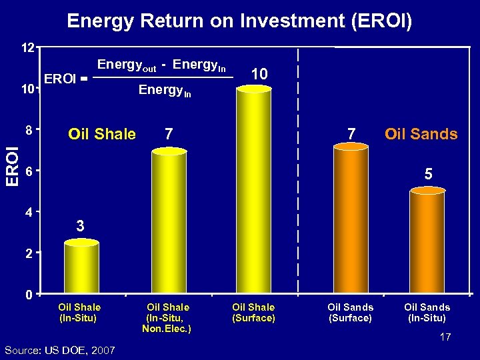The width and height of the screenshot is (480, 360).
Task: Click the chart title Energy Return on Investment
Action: [239, 21]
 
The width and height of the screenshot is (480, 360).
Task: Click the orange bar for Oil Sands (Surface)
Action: [350, 220]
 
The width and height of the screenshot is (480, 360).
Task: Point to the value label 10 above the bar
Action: [260, 74]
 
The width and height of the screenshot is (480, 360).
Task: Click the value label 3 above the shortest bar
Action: [80, 226]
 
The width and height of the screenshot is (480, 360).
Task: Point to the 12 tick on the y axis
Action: [27, 49]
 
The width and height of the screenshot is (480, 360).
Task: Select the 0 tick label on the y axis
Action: [30, 295]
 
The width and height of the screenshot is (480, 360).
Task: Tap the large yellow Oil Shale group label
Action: [102, 134]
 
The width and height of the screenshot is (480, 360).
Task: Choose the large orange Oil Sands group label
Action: [421, 134]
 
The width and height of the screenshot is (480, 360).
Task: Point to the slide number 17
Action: [445, 337]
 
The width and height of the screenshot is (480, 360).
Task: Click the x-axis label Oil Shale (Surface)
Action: [253, 313]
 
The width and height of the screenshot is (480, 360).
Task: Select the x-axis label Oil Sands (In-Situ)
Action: [427, 313]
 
